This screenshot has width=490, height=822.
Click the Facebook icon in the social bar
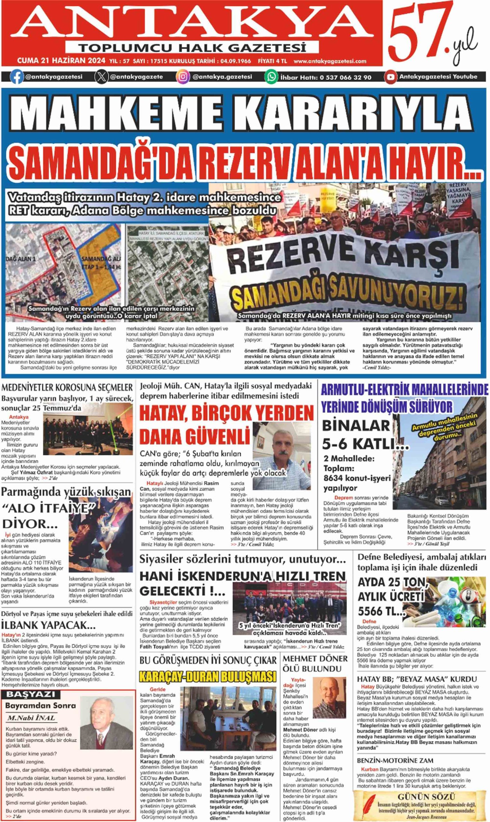16,77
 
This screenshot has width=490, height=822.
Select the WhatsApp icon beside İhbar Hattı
271,77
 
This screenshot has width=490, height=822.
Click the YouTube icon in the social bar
391,77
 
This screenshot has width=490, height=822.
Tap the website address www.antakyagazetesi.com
330,61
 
